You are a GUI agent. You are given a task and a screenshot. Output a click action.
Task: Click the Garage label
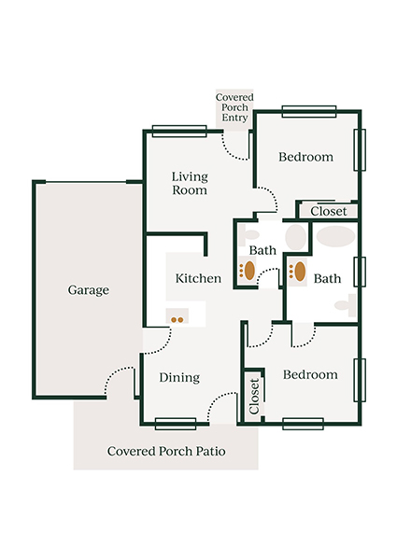coord(88,290)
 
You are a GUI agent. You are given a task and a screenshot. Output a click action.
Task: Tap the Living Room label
coord(189,183)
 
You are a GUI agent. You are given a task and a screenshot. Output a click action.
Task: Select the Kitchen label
coord(198,278)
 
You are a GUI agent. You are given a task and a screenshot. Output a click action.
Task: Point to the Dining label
coord(178,378)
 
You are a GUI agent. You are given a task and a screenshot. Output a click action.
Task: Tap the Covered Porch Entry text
coord(233,109)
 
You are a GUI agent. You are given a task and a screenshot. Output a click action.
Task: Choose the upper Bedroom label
coord(305,157)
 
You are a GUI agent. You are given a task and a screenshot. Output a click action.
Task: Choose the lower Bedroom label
coord(309,374)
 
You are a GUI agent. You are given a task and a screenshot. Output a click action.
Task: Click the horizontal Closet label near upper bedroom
coord(328,212)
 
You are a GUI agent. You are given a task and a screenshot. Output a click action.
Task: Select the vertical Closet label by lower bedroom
coord(254,397)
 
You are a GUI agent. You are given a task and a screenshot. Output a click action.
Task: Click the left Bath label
coord(262,251)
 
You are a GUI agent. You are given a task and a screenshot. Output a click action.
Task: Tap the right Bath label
coord(327,278)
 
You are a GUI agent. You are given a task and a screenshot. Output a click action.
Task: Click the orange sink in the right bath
coord(300,272)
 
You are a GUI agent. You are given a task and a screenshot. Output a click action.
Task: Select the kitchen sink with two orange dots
coord(177,318)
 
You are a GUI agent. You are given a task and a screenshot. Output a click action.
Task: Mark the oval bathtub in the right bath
coord(334,235)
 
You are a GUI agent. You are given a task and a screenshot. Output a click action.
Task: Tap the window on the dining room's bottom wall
coord(176,424)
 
